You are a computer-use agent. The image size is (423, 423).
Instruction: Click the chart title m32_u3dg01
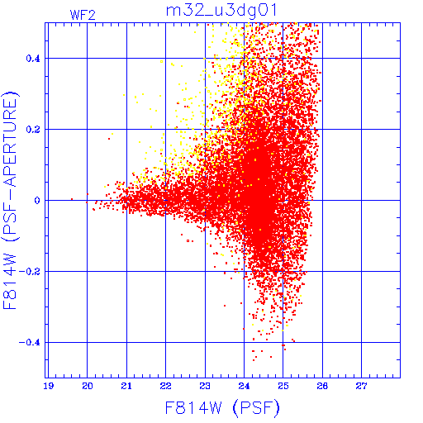[x=221, y=11]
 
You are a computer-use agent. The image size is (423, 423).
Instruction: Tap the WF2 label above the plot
[x=83, y=15]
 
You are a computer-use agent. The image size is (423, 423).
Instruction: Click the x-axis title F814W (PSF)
[x=222, y=408]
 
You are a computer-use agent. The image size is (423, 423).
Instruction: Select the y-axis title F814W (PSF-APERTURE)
[x=10, y=200]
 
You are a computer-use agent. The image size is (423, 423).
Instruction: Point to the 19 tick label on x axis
[x=48, y=387]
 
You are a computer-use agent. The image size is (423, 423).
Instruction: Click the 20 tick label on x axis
[x=88, y=387]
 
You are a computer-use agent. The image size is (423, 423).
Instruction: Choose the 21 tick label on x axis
[x=126, y=387]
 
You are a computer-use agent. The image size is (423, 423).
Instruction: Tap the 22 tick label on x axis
[x=165, y=387]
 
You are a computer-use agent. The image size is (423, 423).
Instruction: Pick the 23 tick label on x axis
[x=205, y=387]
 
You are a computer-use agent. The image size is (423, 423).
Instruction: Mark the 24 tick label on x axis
[x=244, y=387]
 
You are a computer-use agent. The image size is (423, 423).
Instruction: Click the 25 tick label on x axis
[x=283, y=387]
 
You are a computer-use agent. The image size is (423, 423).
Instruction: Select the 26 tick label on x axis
[x=322, y=387]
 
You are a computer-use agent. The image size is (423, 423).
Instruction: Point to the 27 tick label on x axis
[x=361, y=387]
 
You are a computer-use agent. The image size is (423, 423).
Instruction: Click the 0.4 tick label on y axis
[x=33, y=59]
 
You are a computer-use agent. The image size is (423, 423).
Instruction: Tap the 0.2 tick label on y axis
[x=33, y=130]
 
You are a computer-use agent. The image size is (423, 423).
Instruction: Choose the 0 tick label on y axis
[x=37, y=201]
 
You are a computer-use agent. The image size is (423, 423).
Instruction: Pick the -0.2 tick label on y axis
[x=30, y=272]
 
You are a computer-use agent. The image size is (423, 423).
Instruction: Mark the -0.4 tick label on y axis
[x=30, y=343]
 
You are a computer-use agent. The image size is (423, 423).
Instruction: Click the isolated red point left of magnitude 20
[x=72, y=199]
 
